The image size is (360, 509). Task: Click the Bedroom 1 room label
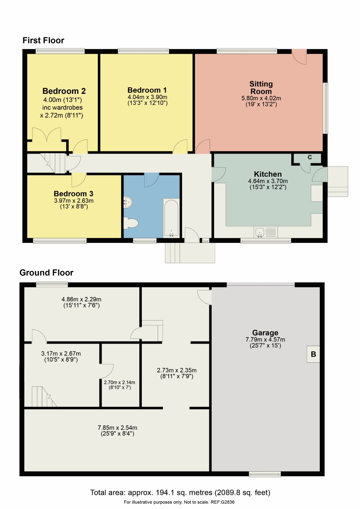(x=147, y=90)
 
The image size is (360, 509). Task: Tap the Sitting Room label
(x=261, y=88)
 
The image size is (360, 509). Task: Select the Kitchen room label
(x=268, y=174)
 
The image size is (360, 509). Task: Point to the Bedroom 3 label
(x=74, y=194)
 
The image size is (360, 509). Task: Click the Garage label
(x=265, y=333)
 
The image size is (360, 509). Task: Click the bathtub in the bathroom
(x=171, y=218)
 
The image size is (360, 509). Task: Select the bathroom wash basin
(x=128, y=202)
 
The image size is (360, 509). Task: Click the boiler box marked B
(x=313, y=354)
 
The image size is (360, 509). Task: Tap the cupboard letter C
(x=310, y=157)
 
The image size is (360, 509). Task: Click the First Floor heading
(x=43, y=41)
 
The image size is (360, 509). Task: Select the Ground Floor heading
(x=46, y=273)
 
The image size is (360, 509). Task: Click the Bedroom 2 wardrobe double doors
(x=47, y=134)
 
